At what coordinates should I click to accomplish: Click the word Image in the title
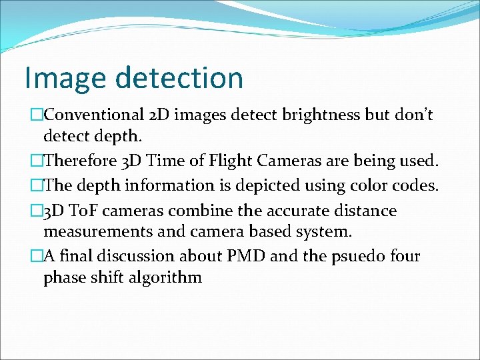pos(65,78)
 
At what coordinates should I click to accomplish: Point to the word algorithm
pos(164,277)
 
